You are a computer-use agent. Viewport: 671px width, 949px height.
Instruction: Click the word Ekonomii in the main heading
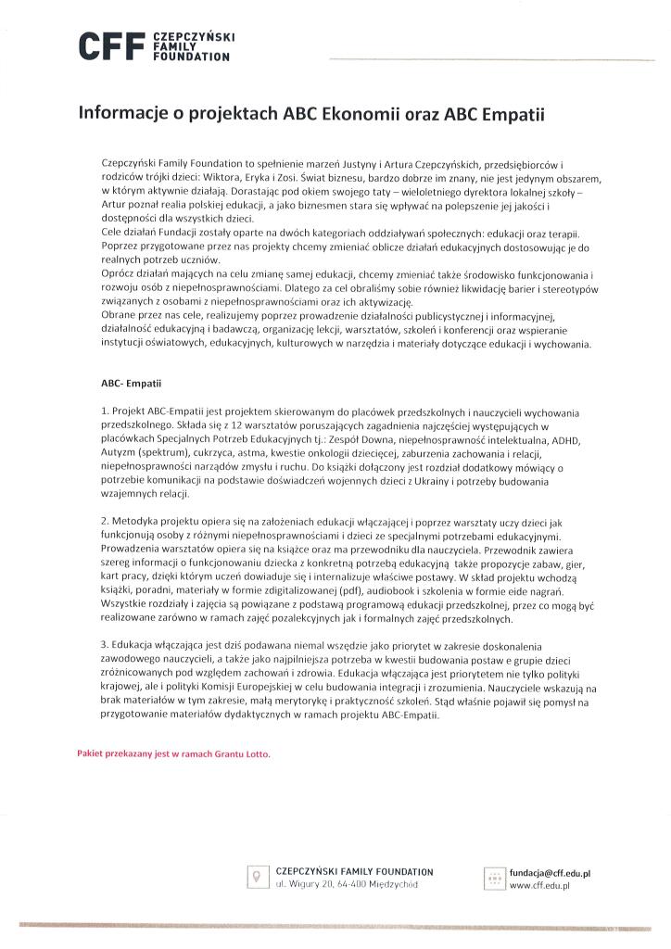(x=357, y=115)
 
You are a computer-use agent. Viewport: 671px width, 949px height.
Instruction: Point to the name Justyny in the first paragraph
(x=391, y=162)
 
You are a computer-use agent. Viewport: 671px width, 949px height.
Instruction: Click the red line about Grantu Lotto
(x=173, y=754)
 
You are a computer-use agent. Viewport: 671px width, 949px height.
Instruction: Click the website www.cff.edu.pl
(x=538, y=886)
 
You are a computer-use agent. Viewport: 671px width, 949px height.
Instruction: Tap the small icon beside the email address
(x=494, y=878)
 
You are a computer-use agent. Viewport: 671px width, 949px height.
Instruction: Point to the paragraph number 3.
(x=105, y=642)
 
